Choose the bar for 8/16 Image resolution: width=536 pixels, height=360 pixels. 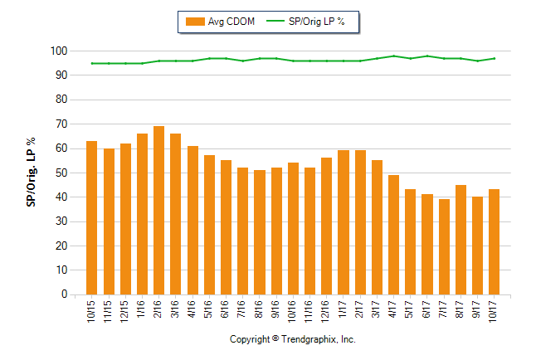pos(259,232)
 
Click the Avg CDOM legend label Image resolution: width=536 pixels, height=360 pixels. pos(231,22)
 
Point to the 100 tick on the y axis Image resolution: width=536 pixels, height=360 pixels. pos(58,51)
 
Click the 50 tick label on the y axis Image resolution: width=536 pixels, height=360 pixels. pos(61,173)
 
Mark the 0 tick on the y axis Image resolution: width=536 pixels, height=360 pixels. pos(63,294)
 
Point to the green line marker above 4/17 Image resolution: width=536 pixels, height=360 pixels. pos(393,56)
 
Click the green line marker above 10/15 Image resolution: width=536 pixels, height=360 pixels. pos(91,63)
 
